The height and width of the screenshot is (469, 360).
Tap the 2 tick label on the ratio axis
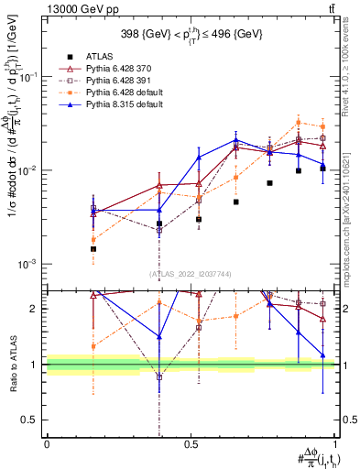37,309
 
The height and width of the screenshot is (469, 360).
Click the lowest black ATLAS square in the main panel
93,248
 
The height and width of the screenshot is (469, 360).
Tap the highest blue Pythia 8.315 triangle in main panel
235,140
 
